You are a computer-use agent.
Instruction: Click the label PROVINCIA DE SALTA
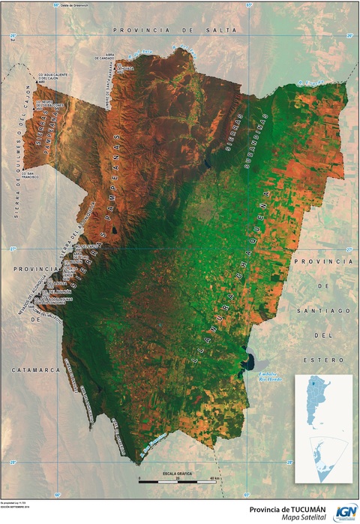[x=175, y=29]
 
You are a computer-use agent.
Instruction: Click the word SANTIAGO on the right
[x=325, y=309]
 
